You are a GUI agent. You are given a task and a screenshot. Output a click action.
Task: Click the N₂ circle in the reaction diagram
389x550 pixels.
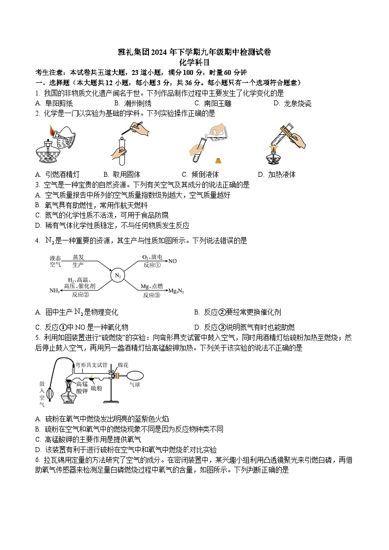(x=118, y=276)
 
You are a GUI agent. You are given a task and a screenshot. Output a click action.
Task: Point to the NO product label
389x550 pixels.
(x=172, y=261)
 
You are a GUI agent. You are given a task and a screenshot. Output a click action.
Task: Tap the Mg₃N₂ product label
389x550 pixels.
(x=176, y=291)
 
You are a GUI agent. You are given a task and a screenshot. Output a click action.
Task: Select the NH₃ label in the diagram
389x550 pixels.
(x=54, y=291)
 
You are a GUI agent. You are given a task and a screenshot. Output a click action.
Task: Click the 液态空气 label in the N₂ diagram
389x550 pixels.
(x=55, y=261)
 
